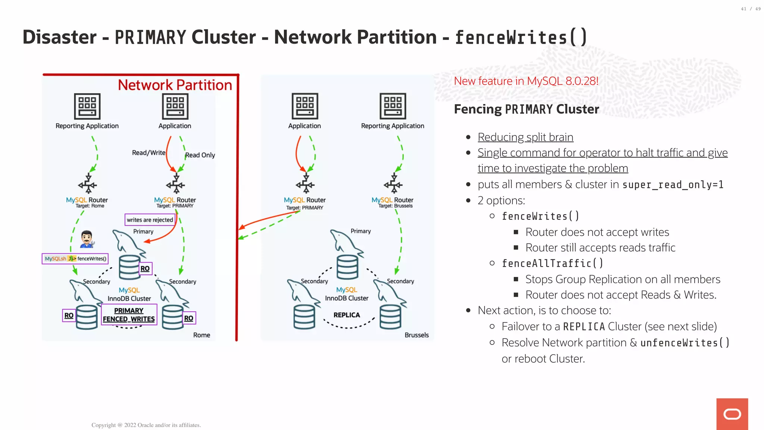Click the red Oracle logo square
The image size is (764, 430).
pos(732,414)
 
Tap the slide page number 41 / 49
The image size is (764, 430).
pos(751,9)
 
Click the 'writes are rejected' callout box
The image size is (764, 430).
pos(150,220)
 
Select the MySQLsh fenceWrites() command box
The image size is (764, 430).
pos(75,258)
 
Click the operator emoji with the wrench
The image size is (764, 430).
pos(87,239)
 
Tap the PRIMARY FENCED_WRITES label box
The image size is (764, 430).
pos(129,315)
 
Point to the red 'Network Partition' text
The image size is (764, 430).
pos(175,85)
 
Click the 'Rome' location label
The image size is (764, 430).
pos(201,335)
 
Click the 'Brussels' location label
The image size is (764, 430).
pos(416,335)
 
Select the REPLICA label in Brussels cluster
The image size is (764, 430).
pos(347,315)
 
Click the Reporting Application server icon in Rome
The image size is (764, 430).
pos(87,106)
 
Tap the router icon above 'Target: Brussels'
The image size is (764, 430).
pos(393,184)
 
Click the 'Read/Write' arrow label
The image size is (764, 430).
pos(148,153)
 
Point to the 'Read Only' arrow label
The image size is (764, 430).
pos(200,155)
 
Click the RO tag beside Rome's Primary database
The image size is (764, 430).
pos(145,268)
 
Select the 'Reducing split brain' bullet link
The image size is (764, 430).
pos(525,137)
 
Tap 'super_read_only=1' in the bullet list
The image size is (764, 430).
pos(673,185)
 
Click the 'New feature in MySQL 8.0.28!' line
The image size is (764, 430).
pos(526,81)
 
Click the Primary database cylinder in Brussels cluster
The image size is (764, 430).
pos(347,267)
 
